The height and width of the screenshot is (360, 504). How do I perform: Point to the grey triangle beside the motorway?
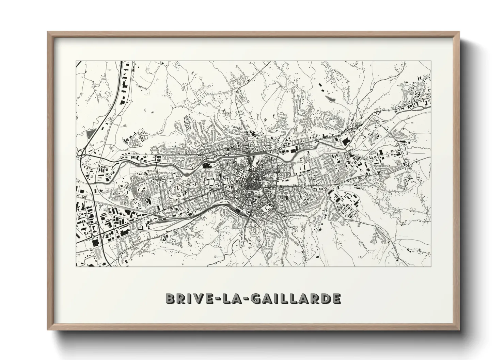(90, 134)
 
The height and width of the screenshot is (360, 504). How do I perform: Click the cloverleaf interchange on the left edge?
(81, 155)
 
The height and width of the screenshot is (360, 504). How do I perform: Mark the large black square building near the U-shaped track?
(95, 242)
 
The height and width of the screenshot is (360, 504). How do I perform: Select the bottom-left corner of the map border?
(76, 266)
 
